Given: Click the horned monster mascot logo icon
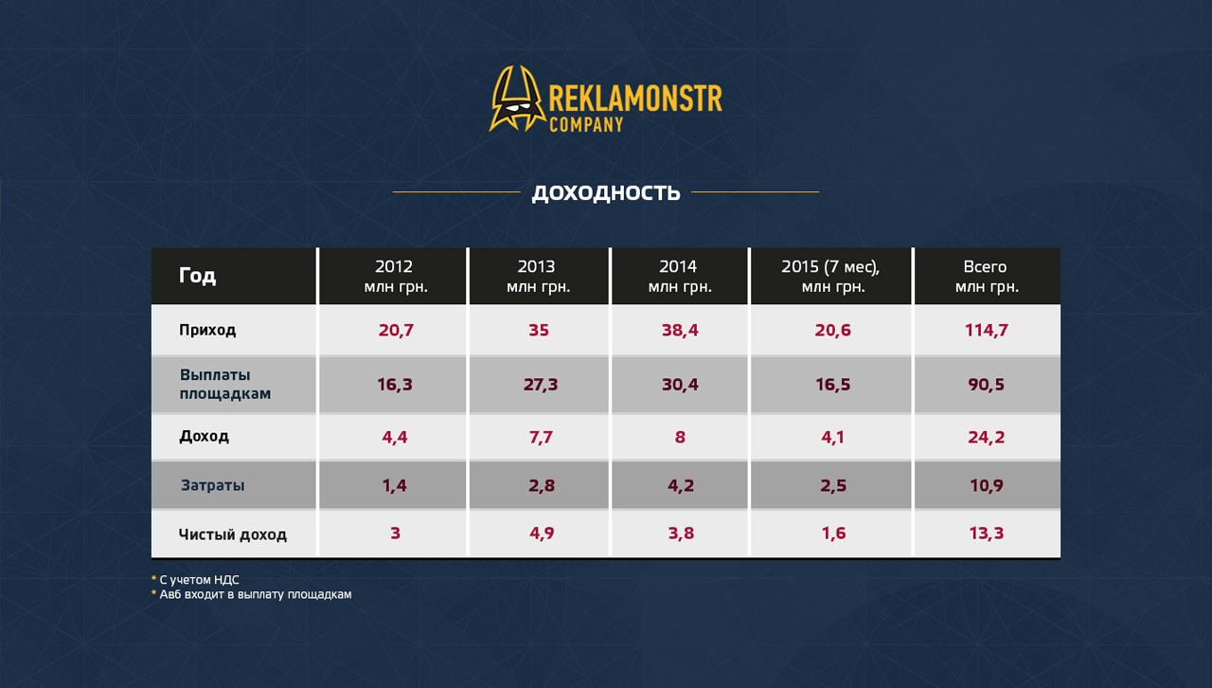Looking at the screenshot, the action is [x=517, y=99].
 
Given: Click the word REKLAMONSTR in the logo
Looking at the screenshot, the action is [x=635, y=99].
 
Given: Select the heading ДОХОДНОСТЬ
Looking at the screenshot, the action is [x=606, y=193].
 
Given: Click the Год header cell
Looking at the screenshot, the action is [x=197, y=275].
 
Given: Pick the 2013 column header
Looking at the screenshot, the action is [x=538, y=276].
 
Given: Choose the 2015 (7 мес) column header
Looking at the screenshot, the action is [x=831, y=276].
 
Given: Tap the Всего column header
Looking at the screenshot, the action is [x=987, y=276].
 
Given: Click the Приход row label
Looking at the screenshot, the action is [x=207, y=330].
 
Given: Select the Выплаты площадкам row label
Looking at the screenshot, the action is [x=225, y=384].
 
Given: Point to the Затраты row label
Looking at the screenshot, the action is [x=212, y=485].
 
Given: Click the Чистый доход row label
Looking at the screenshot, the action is [x=233, y=534].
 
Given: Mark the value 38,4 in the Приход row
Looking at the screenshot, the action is [x=680, y=330].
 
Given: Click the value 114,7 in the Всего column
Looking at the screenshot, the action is [x=986, y=330].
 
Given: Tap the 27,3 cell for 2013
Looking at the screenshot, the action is [x=540, y=384].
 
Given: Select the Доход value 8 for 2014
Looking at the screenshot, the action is [x=680, y=437].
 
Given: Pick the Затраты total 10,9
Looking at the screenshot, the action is [x=986, y=485].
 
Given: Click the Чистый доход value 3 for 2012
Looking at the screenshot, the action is [x=396, y=534].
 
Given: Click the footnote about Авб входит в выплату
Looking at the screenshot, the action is [x=251, y=594].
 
